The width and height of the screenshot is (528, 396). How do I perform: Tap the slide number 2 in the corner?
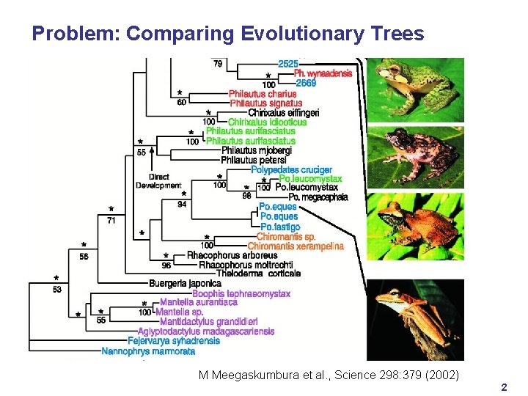[503, 386]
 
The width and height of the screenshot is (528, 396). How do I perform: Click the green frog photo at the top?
[415, 90]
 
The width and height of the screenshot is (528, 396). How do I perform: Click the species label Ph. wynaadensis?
[323, 73]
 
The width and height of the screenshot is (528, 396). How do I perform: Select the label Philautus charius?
[263, 94]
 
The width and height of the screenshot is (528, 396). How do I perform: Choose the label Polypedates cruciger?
[291, 170]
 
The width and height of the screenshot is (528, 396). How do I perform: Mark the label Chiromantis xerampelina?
[296, 246]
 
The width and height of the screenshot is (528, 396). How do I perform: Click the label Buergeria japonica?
[185, 283]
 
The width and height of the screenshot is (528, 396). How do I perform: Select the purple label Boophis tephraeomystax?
[241, 293]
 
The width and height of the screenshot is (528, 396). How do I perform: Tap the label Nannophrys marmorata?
[149, 351]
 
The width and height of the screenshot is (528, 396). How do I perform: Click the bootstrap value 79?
[218, 65]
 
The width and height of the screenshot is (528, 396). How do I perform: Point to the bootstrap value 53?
[58, 290]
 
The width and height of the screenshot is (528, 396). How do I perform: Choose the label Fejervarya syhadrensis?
[174, 341]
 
